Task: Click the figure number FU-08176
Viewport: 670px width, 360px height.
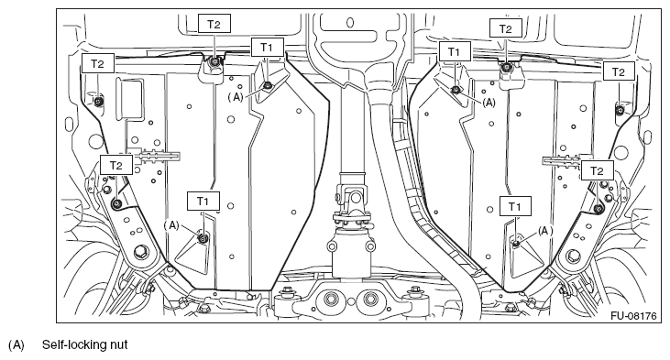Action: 633,316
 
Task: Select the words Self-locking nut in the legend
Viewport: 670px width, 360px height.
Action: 84,344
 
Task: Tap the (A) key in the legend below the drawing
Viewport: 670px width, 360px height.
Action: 16,344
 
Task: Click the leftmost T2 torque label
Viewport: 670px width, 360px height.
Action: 98,63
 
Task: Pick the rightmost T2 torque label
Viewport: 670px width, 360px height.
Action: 619,71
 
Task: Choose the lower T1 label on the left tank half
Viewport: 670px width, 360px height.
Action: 203,201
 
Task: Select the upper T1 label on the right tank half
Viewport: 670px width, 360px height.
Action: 454,52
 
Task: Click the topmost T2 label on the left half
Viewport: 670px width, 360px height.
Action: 214,24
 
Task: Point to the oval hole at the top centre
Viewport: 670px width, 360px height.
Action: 350,22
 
